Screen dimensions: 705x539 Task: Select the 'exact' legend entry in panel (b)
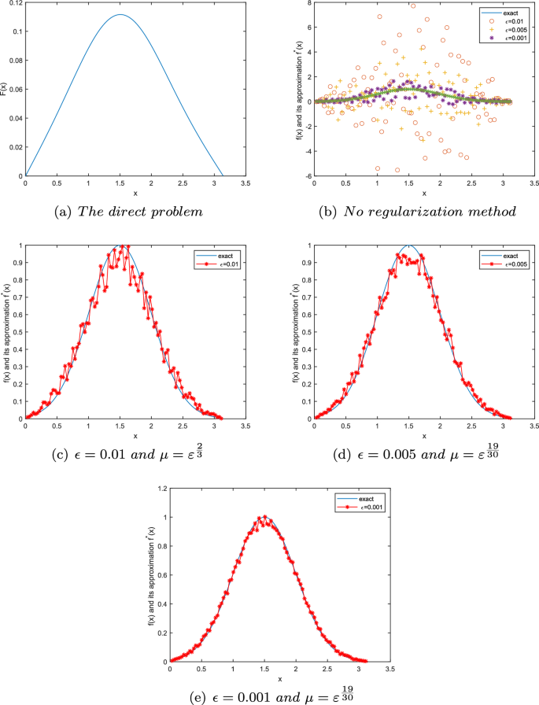click(x=497, y=11)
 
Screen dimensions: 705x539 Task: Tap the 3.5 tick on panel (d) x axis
click(x=533, y=426)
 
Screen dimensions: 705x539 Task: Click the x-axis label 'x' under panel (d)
click(x=423, y=436)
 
